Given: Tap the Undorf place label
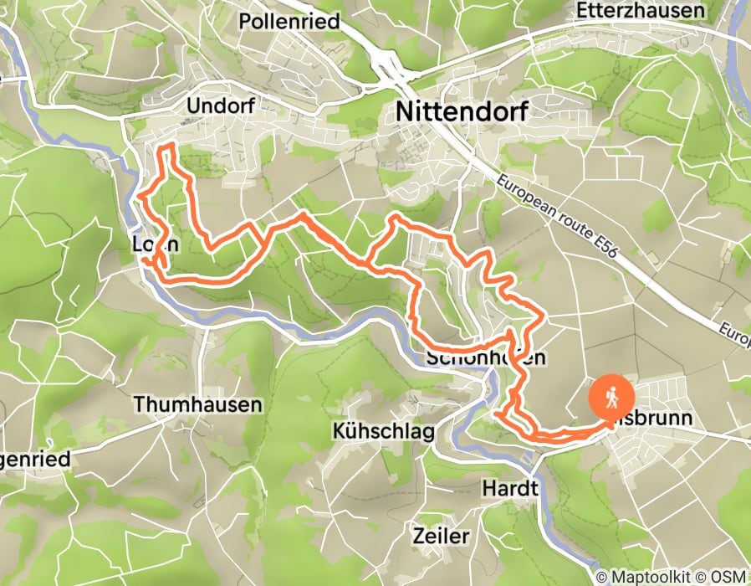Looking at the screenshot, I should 219,106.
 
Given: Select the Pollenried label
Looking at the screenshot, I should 289,22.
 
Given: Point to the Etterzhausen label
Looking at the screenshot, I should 640,10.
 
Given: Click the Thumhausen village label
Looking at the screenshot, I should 197,404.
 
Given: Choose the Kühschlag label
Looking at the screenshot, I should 384,432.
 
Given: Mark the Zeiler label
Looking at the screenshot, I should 442,536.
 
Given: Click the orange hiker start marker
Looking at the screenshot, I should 612,397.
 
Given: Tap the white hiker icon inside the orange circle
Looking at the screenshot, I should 612,396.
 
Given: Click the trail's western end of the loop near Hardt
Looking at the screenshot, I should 497,414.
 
